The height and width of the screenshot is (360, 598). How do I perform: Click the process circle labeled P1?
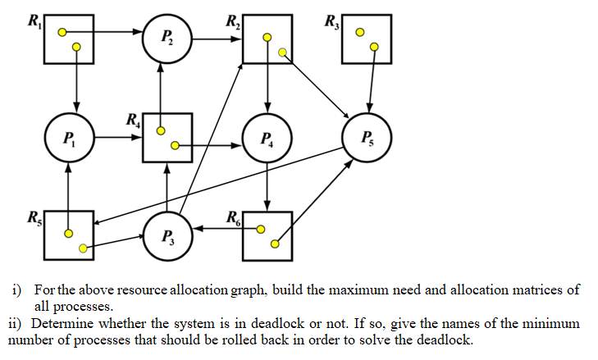[x=68, y=138]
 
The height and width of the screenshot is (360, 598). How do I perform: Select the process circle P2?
[x=167, y=39]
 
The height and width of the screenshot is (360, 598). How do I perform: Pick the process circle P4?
[x=267, y=138]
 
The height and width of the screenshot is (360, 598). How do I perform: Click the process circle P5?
[x=367, y=138]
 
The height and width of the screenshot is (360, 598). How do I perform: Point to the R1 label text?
[x=34, y=20]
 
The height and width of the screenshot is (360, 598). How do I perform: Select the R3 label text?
[x=331, y=20]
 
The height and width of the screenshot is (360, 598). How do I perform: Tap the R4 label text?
[x=133, y=120]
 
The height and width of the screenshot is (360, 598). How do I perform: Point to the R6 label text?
[x=234, y=218]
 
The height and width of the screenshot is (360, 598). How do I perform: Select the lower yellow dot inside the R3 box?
[x=374, y=48]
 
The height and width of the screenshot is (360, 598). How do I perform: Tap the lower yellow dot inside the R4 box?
[x=175, y=146]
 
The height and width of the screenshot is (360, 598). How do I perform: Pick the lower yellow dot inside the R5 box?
[x=81, y=247]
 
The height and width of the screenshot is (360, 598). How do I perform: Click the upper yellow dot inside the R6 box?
[x=261, y=230]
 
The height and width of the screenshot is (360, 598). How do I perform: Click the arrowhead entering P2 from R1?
[x=139, y=33]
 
